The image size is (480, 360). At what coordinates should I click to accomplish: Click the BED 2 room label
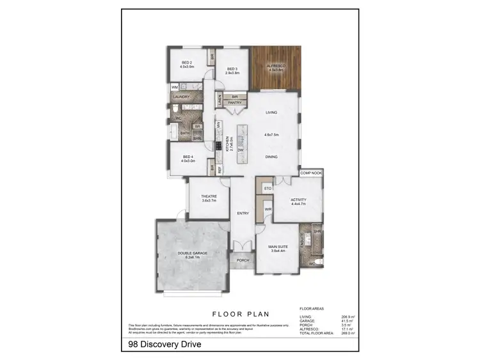click(x=187, y=62)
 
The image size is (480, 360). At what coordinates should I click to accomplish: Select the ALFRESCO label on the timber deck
click(x=276, y=67)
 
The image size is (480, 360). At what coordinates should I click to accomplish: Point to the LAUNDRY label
click(x=181, y=97)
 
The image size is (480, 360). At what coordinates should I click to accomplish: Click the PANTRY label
click(x=234, y=102)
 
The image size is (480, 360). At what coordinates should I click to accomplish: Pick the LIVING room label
click(x=271, y=113)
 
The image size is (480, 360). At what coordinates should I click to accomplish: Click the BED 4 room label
click(x=187, y=157)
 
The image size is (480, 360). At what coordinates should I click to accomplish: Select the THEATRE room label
click(x=209, y=196)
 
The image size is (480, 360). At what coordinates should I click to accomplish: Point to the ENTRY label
click(x=243, y=214)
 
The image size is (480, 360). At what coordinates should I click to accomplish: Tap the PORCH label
click(x=243, y=260)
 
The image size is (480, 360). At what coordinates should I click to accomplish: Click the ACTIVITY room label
click(x=298, y=200)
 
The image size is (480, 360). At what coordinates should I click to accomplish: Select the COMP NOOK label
click(x=311, y=173)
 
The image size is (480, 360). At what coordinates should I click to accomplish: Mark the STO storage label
click(x=268, y=189)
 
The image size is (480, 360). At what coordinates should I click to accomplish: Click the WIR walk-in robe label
click(x=268, y=209)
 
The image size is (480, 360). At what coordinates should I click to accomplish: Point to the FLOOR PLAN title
click(x=240, y=314)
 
